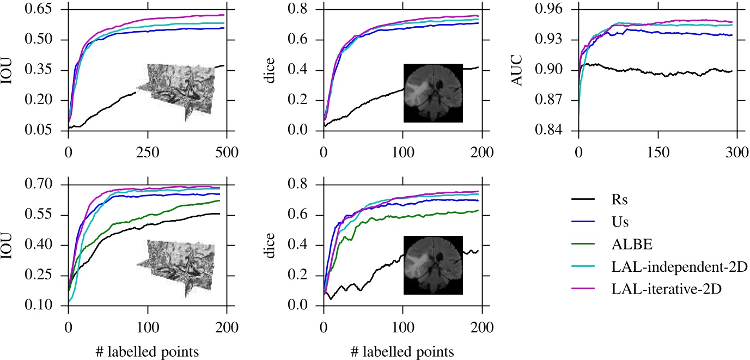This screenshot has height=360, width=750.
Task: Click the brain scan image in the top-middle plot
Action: point(432,93)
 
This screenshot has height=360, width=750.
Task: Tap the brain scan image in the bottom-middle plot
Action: point(432,265)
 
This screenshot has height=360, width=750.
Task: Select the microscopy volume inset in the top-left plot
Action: point(176,90)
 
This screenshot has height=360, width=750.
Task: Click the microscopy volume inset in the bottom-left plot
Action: point(176,267)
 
